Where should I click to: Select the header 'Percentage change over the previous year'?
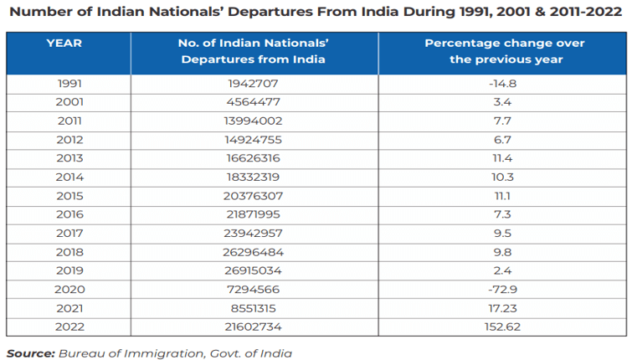click(x=504, y=51)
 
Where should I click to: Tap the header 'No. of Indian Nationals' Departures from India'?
click(x=252, y=51)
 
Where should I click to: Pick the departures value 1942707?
click(x=252, y=84)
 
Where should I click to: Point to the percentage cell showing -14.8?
click(x=504, y=84)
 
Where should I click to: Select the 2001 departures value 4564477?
click(x=252, y=102)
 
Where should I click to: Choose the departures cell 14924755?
click(x=252, y=139)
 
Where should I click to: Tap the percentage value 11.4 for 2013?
click(x=504, y=157)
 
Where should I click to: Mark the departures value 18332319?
click(x=252, y=177)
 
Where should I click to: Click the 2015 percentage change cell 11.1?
click(x=504, y=195)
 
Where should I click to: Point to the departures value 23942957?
click(x=252, y=232)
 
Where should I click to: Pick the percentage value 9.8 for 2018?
click(x=504, y=251)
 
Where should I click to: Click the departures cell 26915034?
click(x=252, y=270)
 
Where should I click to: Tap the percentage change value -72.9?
click(x=504, y=288)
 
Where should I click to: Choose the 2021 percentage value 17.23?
click(x=504, y=307)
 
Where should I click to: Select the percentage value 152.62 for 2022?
click(x=504, y=326)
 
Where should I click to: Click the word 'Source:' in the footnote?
click(x=30, y=353)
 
